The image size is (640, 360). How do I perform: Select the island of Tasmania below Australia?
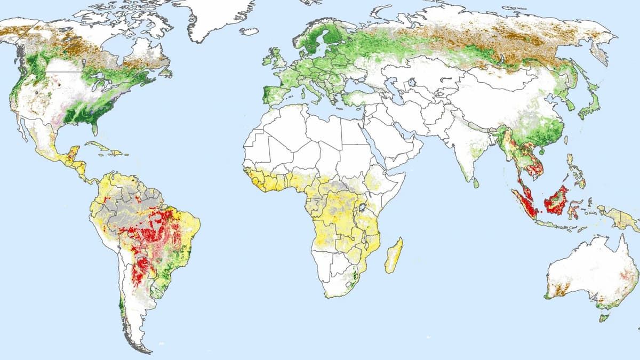[x=604, y=318]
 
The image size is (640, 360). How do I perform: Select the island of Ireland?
[x=266, y=60]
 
